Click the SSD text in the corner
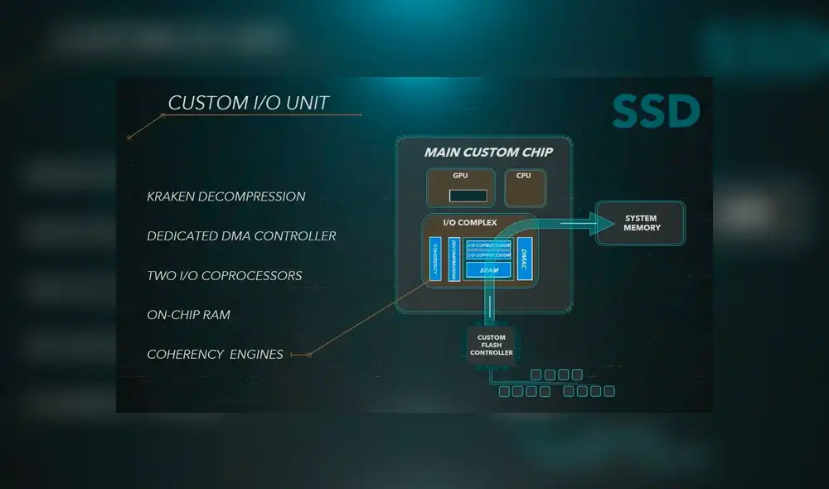(x=656, y=112)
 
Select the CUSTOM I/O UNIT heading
(x=249, y=103)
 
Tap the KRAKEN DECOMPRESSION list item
(x=226, y=196)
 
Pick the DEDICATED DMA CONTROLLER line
(x=241, y=236)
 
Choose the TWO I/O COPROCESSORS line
(x=225, y=275)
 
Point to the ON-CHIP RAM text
(x=188, y=315)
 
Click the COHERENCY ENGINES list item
(x=215, y=355)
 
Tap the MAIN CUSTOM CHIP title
(x=488, y=153)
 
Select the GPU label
(x=460, y=176)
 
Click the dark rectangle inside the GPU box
(x=468, y=196)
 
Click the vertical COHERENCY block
(x=434, y=259)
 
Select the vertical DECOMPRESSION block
(x=454, y=259)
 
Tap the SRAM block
(x=488, y=270)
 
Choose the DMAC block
(x=524, y=259)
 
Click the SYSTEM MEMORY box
(x=642, y=224)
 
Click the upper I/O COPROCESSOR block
(x=488, y=245)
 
